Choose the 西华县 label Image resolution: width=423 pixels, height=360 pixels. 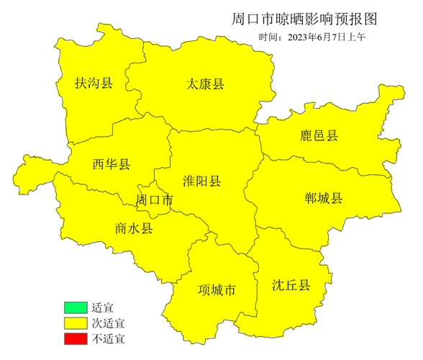point(112,165)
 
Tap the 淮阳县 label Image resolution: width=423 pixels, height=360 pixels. point(202,181)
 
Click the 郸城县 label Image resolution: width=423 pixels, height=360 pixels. point(323,199)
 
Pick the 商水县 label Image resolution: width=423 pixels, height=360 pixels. point(134,228)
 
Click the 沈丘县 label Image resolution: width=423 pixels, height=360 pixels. point(291,285)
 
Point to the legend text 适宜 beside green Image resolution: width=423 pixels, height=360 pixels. point(103,308)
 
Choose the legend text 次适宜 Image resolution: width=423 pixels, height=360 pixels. point(108,323)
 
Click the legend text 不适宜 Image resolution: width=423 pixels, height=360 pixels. point(108,337)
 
